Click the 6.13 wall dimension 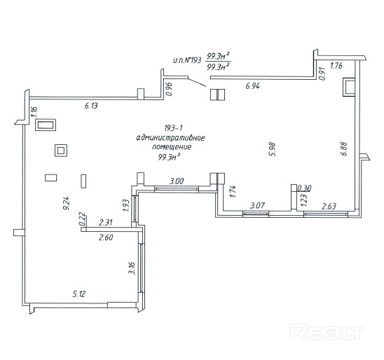91,106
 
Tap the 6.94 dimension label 252,86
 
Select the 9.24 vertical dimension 67,203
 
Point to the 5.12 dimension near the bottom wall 79,293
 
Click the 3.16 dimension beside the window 132,268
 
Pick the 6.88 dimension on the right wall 344,148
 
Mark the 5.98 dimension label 273,149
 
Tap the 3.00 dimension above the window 177,181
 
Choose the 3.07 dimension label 258,205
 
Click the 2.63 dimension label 329,207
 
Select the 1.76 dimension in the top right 336,66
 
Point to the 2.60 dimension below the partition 106,237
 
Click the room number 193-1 173,128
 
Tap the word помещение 172,147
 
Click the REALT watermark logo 327,331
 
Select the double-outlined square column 61,151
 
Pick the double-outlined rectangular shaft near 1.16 46,125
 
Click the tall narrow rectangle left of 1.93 83,181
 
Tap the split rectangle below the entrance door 217,95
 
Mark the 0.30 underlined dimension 304,188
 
